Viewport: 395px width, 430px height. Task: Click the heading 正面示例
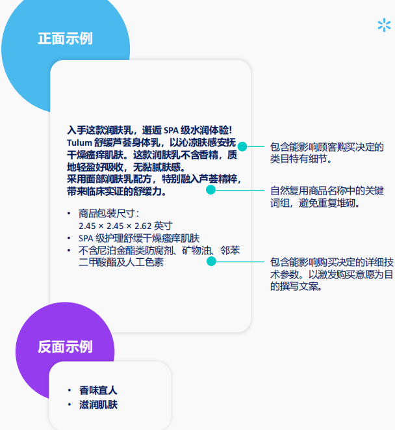[x=65, y=38]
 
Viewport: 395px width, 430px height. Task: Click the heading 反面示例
[x=65, y=347]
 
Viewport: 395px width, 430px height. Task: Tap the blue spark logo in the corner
[x=384, y=25]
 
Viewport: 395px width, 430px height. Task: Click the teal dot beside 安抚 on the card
[x=242, y=146]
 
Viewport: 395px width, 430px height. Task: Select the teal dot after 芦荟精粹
[x=210, y=190]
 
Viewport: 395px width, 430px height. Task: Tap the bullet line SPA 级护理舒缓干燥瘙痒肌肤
[x=139, y=238]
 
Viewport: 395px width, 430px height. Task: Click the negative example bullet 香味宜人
[x=98, y=391]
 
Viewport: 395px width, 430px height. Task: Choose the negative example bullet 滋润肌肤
[x=98, y=405]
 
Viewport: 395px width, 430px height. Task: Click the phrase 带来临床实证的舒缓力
[x=120, y=192]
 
